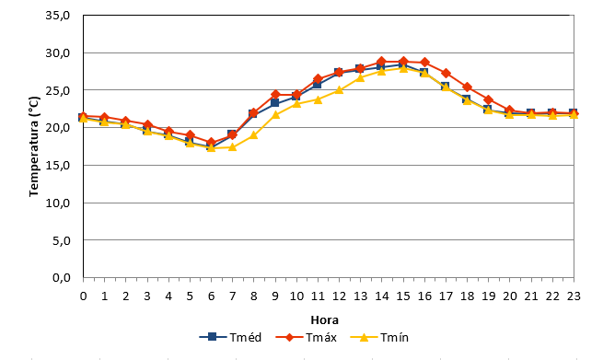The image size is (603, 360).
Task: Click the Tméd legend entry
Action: (x=230, y=337)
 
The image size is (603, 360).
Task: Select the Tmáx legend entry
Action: (x=307, y=337)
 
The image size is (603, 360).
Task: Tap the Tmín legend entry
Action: (x=379, y=337)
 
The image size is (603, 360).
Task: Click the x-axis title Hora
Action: (x=325, y=320)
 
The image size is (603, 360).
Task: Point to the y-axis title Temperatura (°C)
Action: (x=34, y=146)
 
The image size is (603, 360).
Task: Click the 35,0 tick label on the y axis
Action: (x=58, y=16)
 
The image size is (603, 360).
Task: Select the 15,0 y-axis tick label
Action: (x=58, y=166)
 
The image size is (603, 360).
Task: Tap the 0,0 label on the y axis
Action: (x=61, y=277)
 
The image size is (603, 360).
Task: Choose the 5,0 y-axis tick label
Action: (x=61, y=240)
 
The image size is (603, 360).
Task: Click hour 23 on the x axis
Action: (x=574, y=296)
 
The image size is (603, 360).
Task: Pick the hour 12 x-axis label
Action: (x=339, y=296)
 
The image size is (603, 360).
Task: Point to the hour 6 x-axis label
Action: (x=211, y=296)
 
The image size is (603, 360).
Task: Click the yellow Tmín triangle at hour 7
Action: (x=232, y=147)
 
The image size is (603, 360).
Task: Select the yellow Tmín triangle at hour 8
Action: (x=254, y=135)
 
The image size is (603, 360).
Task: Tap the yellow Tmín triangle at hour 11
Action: (x=318, y=99)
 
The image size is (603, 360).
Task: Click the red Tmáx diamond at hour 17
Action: (x=446, y=73)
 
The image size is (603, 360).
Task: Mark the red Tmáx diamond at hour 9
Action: (x=275, y=94)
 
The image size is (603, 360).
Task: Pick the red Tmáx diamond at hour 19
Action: (x=489, y=100)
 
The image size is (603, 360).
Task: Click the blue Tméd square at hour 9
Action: (x=274, y=103)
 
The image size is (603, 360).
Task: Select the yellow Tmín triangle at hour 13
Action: (x=360, y=77)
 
